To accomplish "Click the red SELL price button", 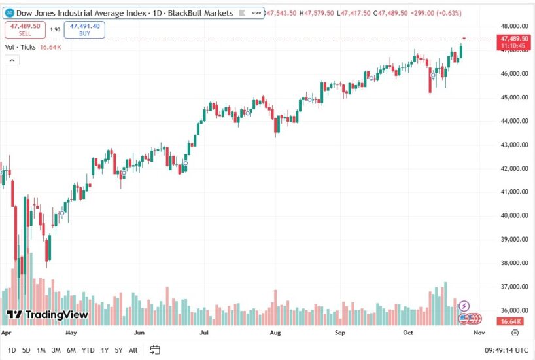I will [x=24, y=29].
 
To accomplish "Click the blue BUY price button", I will [x=85, y=29].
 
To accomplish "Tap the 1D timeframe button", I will [x=12, y=350].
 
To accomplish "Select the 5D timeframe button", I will [x=26, y=350].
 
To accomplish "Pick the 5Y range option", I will [x=118, y=350].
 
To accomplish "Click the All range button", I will [x=133, y=350].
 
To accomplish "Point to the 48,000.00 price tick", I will [x=514, y=26].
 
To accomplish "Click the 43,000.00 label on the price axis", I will [x=514, y=145].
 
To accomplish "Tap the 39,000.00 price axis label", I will [x=514, y=240].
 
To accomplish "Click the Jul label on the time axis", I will [x=204, y=333].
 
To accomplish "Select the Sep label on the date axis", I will [x=340, y=333].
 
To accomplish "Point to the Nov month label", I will [x=477, y=333].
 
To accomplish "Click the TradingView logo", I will [x=47, y=315].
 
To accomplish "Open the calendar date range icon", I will [x=155, y=350].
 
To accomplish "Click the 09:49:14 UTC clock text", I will [x=506, y=350].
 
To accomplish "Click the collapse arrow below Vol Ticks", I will [x=12, y=60].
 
